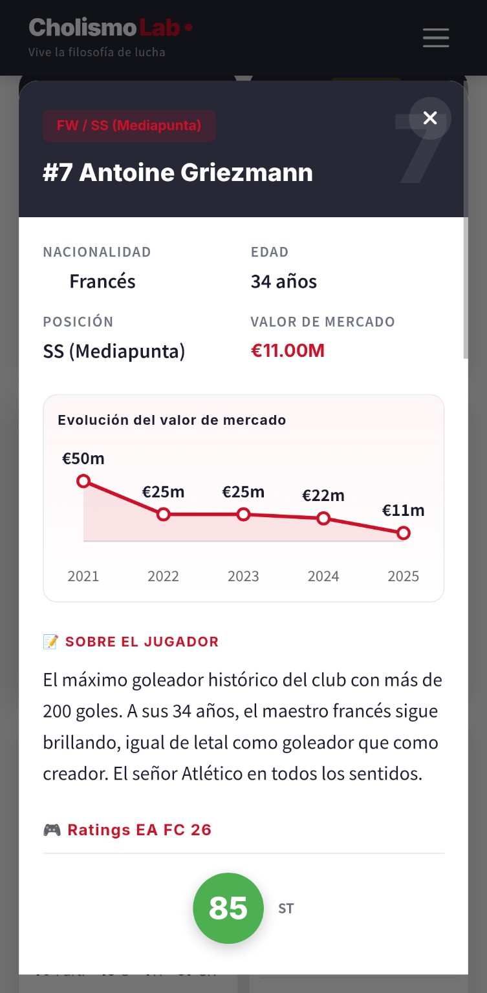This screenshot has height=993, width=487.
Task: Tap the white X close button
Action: [430, 118]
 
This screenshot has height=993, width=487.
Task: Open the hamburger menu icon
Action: [436, 37]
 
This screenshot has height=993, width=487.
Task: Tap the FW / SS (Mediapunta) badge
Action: [129, 125]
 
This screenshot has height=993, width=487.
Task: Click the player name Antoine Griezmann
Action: [178, 173]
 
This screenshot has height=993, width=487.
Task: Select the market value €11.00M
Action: [288, 350]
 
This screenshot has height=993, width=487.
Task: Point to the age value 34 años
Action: [284, 281]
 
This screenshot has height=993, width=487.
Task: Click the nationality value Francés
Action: [102, 281]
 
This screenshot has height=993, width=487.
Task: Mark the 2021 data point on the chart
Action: [83, 481]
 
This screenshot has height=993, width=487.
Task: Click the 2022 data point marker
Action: [164, 514]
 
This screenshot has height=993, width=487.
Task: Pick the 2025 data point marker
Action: [404, 533]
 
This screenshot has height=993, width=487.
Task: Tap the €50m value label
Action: [83, 458]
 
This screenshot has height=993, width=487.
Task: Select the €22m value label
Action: [323, 496]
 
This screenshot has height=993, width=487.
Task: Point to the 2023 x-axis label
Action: [243, 576]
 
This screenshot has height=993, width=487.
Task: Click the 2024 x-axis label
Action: [323, 576]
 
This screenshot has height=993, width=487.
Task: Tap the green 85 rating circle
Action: [228, 908]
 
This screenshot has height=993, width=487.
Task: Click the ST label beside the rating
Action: [286, 908]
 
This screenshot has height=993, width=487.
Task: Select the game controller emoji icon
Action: [52, 829]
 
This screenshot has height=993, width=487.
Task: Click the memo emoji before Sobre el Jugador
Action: [50, 641]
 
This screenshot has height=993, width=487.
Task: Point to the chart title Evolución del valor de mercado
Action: [172, 420]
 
